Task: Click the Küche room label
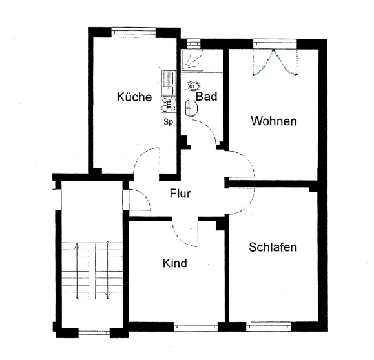pyautogui.click(x=134, y=97)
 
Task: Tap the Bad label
pyautogui.click(x=207, y=97)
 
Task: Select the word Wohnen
pyautogui.click(x=274, y=121)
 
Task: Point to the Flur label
pyautogui.click(x=180, y=194)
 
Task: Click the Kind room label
pyautogui.click(x=175, y=263)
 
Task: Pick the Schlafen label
pyautogui.click(x=273, y=247)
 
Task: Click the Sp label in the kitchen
pyautogui.click(x=168, y=122)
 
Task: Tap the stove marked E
pyautogui.click(x=169, y=105)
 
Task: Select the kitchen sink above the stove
pyautogui.click(x=169, y=83)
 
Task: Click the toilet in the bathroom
pyautogui.click(x=194, y=86)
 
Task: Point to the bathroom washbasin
pyautogui.click(x=191, y=108)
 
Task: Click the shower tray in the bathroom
pyautogui.click(x=192, y=61)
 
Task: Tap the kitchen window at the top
pyautogui.click(x=134, y=32)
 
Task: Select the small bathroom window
pyautogui.click(x=193, y=43)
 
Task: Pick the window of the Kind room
pyautogui.click(x=196, y=326)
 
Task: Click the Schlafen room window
pyautogui.click(x=269, y=326)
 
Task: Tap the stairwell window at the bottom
pyautogui.click(x=94, y=333)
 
